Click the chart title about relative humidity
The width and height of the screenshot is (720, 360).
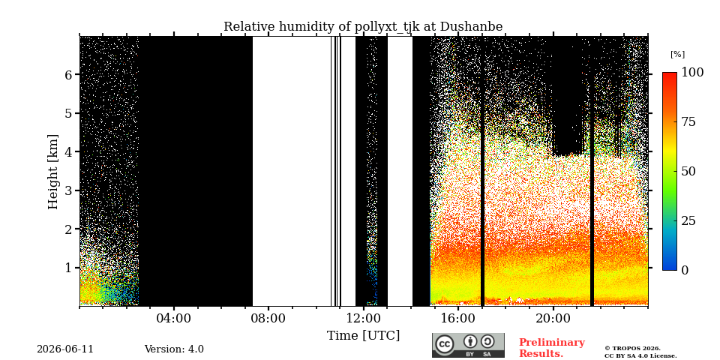tap(363, 27)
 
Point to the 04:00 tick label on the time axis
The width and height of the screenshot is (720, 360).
tap(174, 318)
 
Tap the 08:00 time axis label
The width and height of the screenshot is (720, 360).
tap(268, 318)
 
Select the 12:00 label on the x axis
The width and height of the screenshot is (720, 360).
tap(364, 318)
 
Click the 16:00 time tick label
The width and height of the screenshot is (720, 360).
tap(458, 318)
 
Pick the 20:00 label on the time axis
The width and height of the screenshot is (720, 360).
tap(553, 318)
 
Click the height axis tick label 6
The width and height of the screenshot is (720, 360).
tap(68, 74)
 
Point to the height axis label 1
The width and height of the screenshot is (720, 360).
tap(68, 267)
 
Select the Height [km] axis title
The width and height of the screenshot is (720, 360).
tap(53, 172)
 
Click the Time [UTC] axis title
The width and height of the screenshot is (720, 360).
tap(363, 336)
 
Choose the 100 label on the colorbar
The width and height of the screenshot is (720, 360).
tap(692, 73)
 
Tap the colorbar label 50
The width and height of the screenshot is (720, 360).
tap(688, 171)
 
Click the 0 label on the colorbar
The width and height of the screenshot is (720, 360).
tap(685, 270)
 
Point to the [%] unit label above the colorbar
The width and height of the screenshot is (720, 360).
tap(677, 54)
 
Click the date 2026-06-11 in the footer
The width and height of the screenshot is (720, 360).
tap(65, 349)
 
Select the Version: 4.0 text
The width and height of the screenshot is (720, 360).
tap(174, 349)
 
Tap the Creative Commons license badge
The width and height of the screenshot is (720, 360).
tap(468, 345)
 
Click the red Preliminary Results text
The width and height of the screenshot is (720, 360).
tap(552, 348)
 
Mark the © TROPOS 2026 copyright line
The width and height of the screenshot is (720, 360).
tap(632, 349)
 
